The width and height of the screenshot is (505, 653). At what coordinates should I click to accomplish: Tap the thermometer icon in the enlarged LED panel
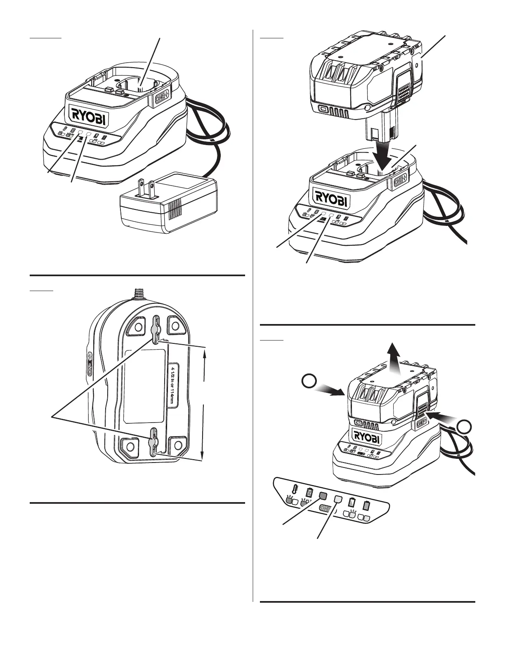(x=295, y=489)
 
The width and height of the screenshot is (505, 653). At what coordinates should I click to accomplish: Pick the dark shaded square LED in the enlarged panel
(x=323, y=496)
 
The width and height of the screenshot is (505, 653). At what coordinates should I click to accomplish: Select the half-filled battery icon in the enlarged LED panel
(x=352, y=503)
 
